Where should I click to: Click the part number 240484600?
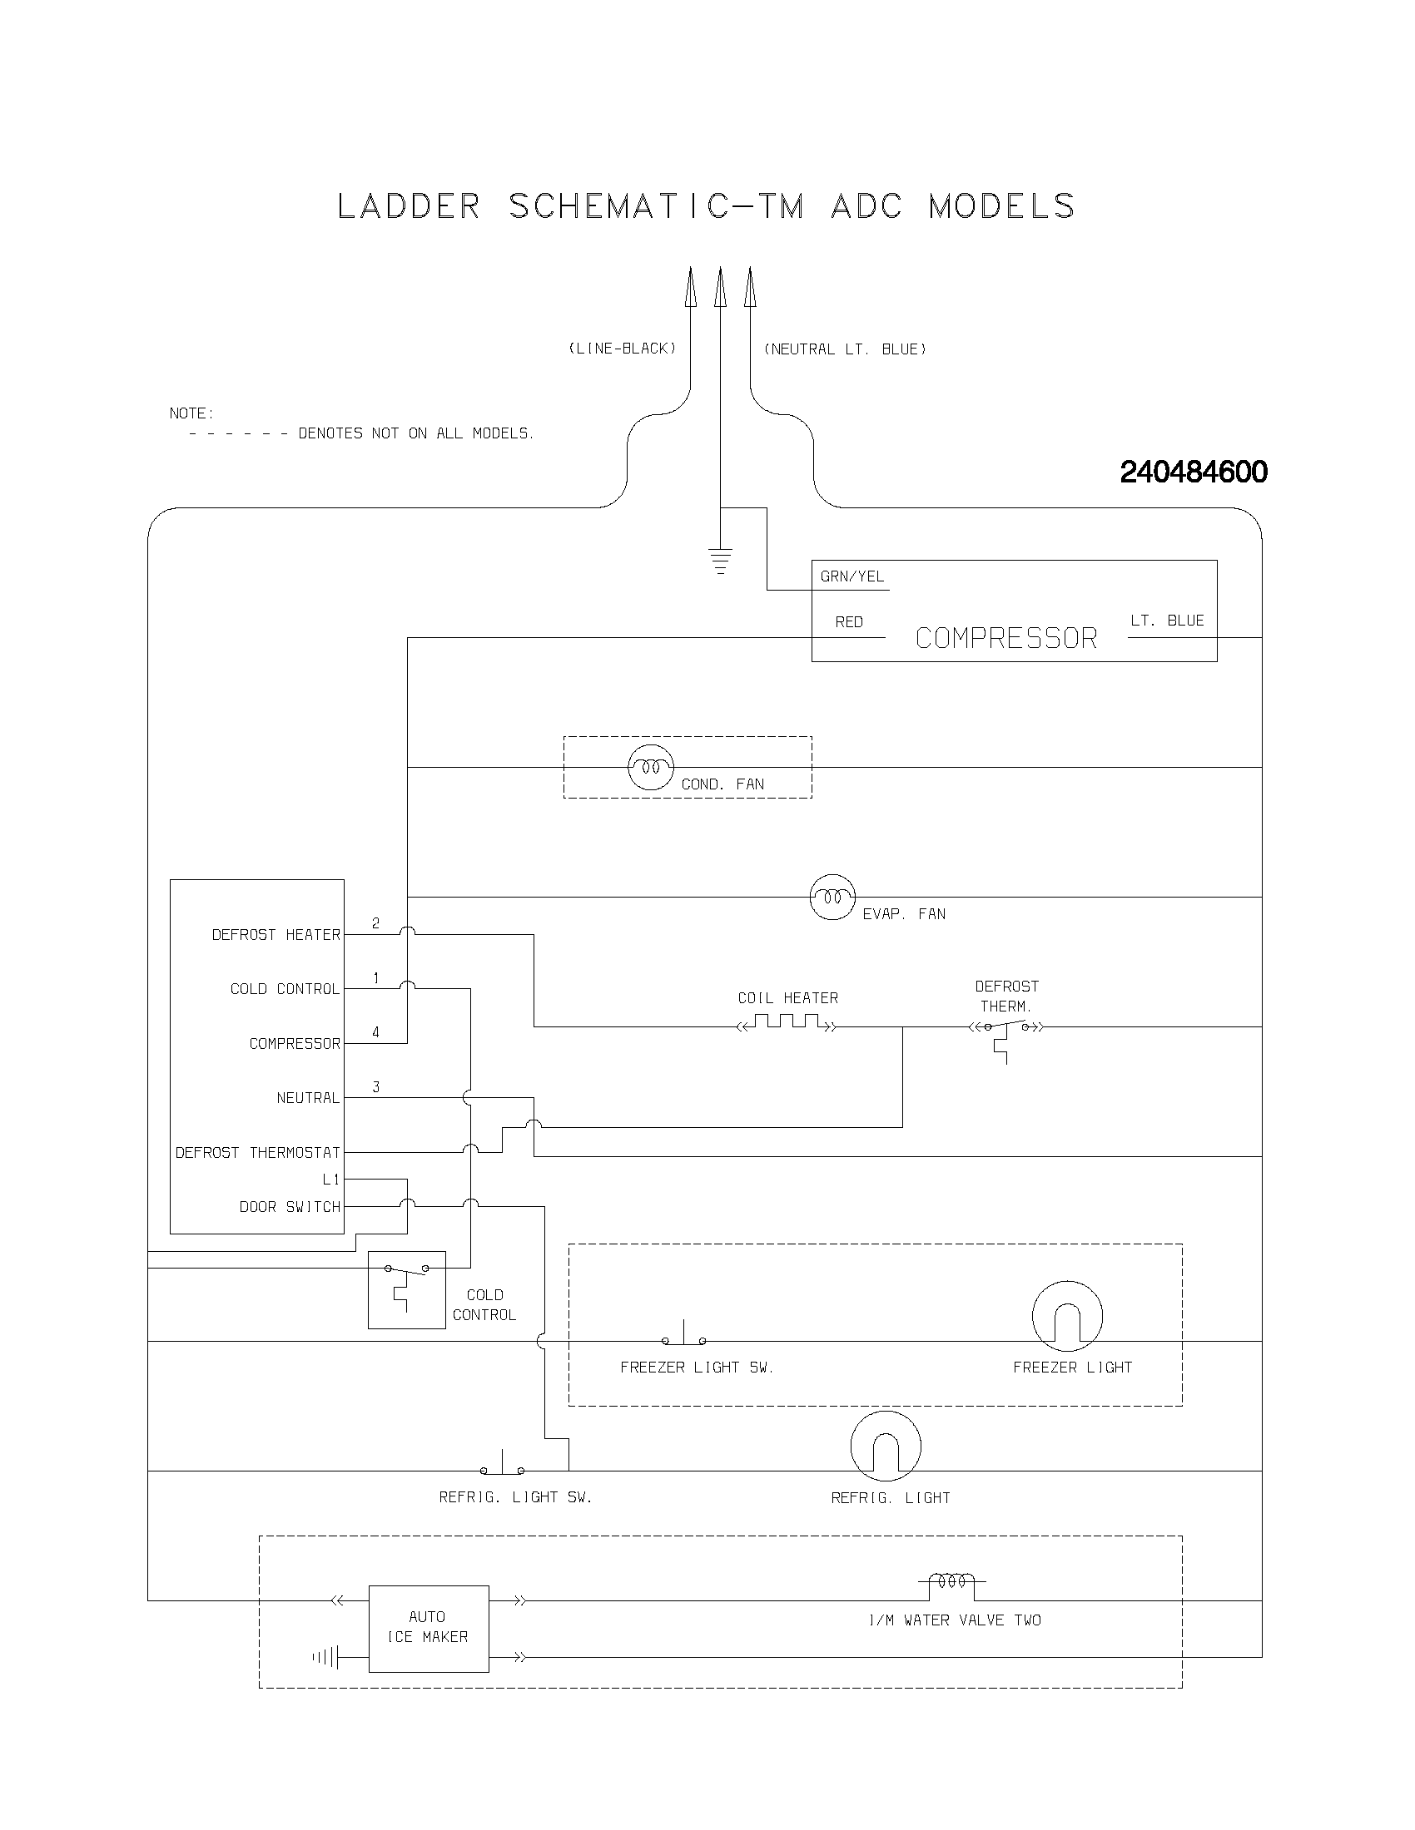1193,472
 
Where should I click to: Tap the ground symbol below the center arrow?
720,561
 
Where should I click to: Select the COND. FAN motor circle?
651,767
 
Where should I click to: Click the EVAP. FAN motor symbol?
832,897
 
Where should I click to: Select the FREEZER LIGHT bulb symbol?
1067,1316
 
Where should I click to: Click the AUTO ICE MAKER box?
429,1628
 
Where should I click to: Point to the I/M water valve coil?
956,1582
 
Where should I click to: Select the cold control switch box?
406,1289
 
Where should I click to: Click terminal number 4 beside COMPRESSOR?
375,1032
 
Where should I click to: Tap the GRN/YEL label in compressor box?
851,576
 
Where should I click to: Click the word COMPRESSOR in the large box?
1006,639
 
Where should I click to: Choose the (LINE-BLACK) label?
622,349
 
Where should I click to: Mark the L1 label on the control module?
331,1180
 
